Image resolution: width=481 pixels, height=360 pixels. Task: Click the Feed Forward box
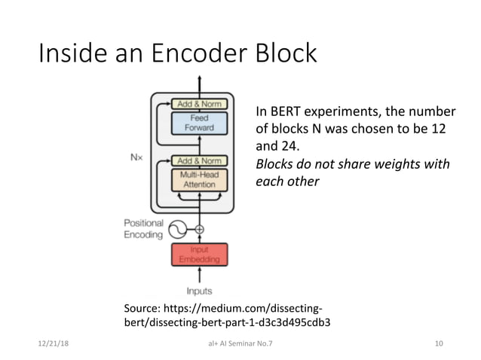click(199, 123)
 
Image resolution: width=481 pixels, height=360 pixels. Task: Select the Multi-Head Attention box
click(199, 179)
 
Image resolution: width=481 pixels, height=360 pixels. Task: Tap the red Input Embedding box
click(199, 255)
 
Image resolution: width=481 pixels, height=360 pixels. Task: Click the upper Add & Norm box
click(199, 103)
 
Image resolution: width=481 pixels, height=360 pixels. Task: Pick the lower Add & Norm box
click(199, 160)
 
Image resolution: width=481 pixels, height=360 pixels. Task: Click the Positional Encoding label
click(142, 229)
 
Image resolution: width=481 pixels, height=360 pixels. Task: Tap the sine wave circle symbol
click(178, 229)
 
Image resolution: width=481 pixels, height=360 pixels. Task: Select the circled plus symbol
click(200, 229)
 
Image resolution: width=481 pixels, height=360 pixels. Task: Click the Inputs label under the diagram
click(199, 291)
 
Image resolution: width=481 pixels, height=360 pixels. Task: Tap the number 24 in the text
click(291, 148)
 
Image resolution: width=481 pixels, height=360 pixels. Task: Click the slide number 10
click(439, 344)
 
